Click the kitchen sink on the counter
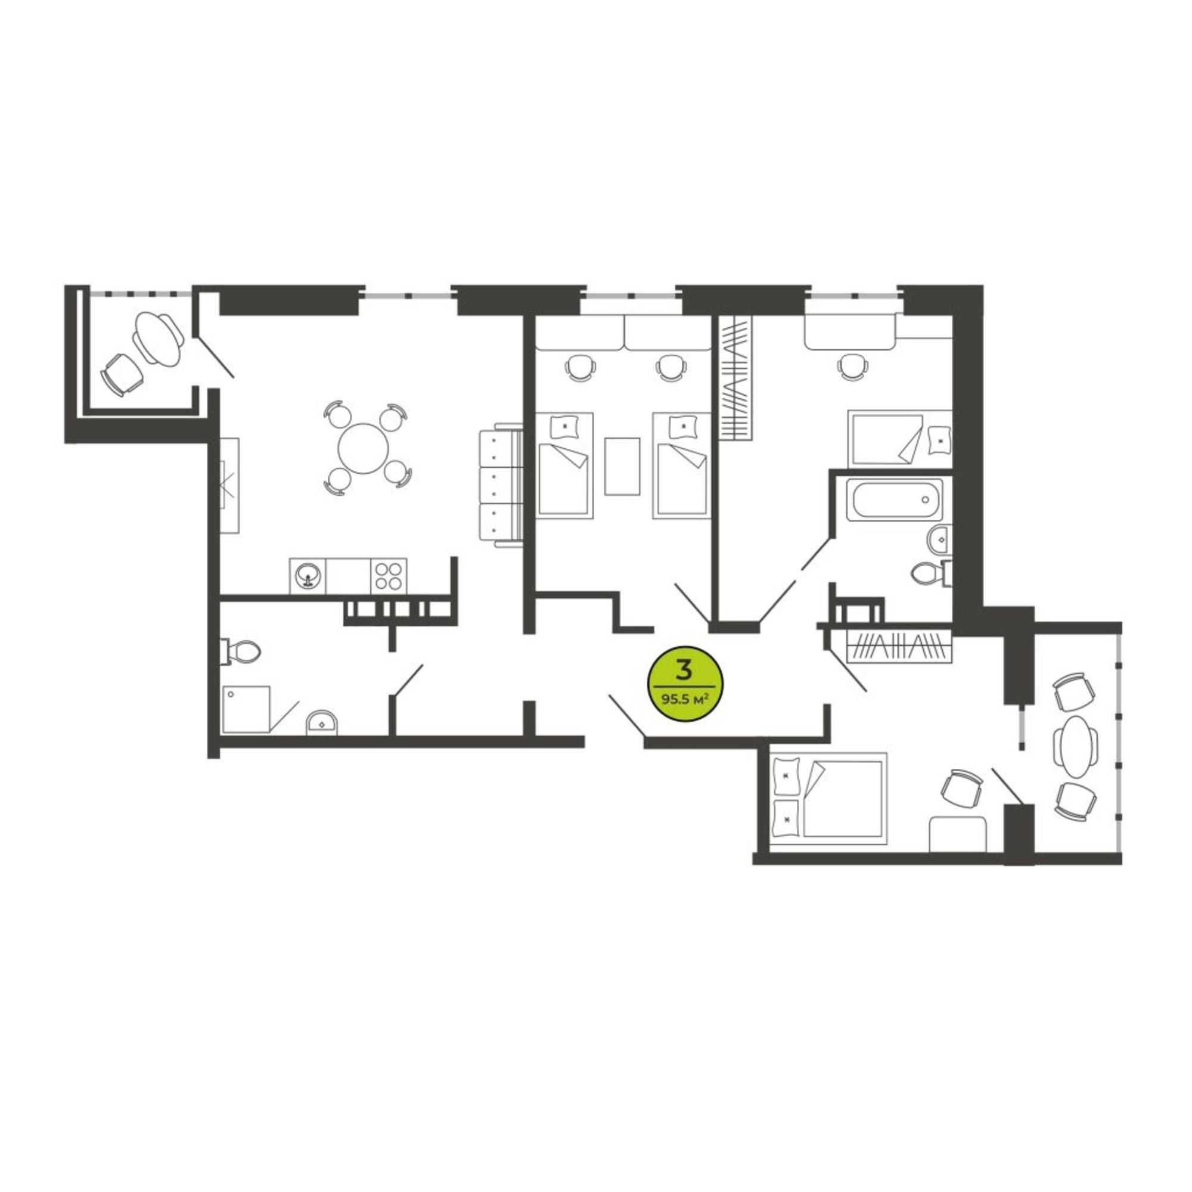click(308, 577)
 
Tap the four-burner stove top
click(389, 577)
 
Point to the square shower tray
click(246, 709)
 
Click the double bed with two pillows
click(828, 798)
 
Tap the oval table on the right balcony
click(1075, 747)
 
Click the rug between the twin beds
click(622, 466)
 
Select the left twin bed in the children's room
click(564, 465)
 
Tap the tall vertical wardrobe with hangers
click(736, 378)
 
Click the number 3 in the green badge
click(683, 668)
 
